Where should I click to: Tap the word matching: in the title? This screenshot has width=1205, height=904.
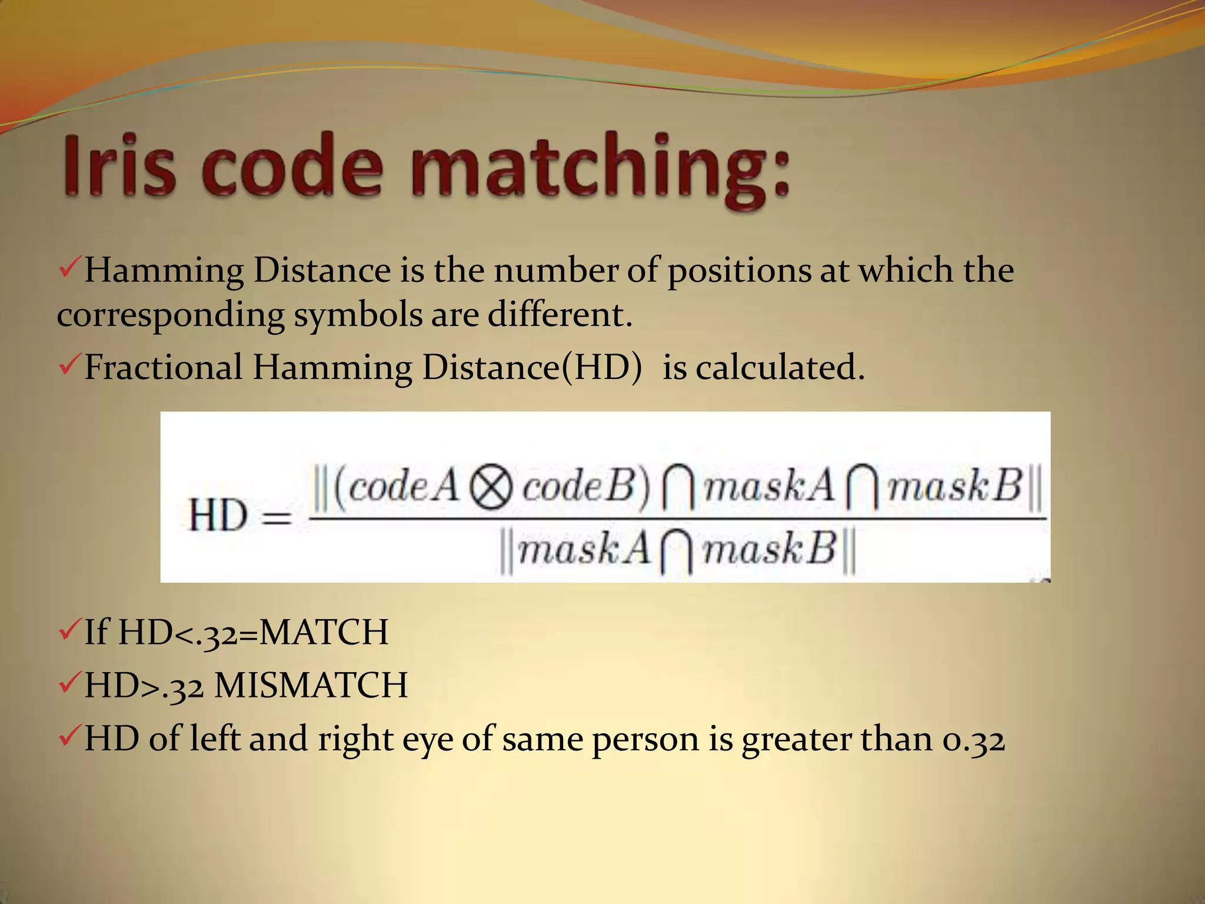(600, 168)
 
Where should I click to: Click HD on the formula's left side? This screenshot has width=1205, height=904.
(218, 516)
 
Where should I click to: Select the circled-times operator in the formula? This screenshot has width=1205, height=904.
(491, 488)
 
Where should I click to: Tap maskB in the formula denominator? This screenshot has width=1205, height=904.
(770, 550)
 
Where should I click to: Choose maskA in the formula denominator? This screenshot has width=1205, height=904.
(584, 550)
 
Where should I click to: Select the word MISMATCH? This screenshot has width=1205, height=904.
(311, 686)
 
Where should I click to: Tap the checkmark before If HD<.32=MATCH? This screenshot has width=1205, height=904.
(69, 631)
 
